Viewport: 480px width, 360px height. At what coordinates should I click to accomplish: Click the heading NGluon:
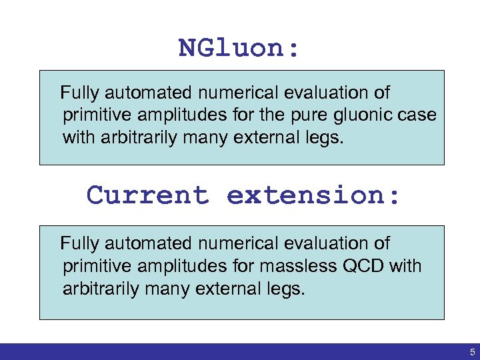(239, 48)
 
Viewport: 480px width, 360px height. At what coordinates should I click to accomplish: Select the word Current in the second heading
(147, 195)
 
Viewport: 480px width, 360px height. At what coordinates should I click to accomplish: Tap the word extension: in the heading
(313, 195)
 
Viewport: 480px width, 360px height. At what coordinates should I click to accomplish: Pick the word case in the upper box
(419, 115)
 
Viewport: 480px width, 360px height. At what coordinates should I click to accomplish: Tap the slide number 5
(472, 351)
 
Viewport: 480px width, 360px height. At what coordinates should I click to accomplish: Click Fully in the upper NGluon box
(77, 93)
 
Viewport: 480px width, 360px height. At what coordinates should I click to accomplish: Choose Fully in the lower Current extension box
(77, 244)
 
